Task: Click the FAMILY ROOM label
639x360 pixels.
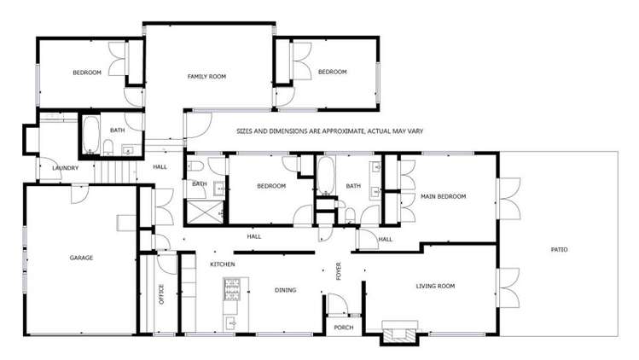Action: [206, 77]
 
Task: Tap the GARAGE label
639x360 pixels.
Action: [81, 257]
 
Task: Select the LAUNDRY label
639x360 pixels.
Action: [65, 168]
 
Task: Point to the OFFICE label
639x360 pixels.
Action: [160, 294]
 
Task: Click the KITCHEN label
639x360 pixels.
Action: [223, 264]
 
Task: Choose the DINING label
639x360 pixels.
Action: [286, 290]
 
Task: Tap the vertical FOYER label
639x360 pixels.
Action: [339, 271]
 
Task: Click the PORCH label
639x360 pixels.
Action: [343, 328]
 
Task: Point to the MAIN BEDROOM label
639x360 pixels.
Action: [444, 197]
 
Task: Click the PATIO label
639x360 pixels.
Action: [559, 249]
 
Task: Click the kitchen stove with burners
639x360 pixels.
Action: [229, 291]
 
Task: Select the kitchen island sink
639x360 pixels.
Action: [230, 322]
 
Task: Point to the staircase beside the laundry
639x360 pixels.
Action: [114, 170]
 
